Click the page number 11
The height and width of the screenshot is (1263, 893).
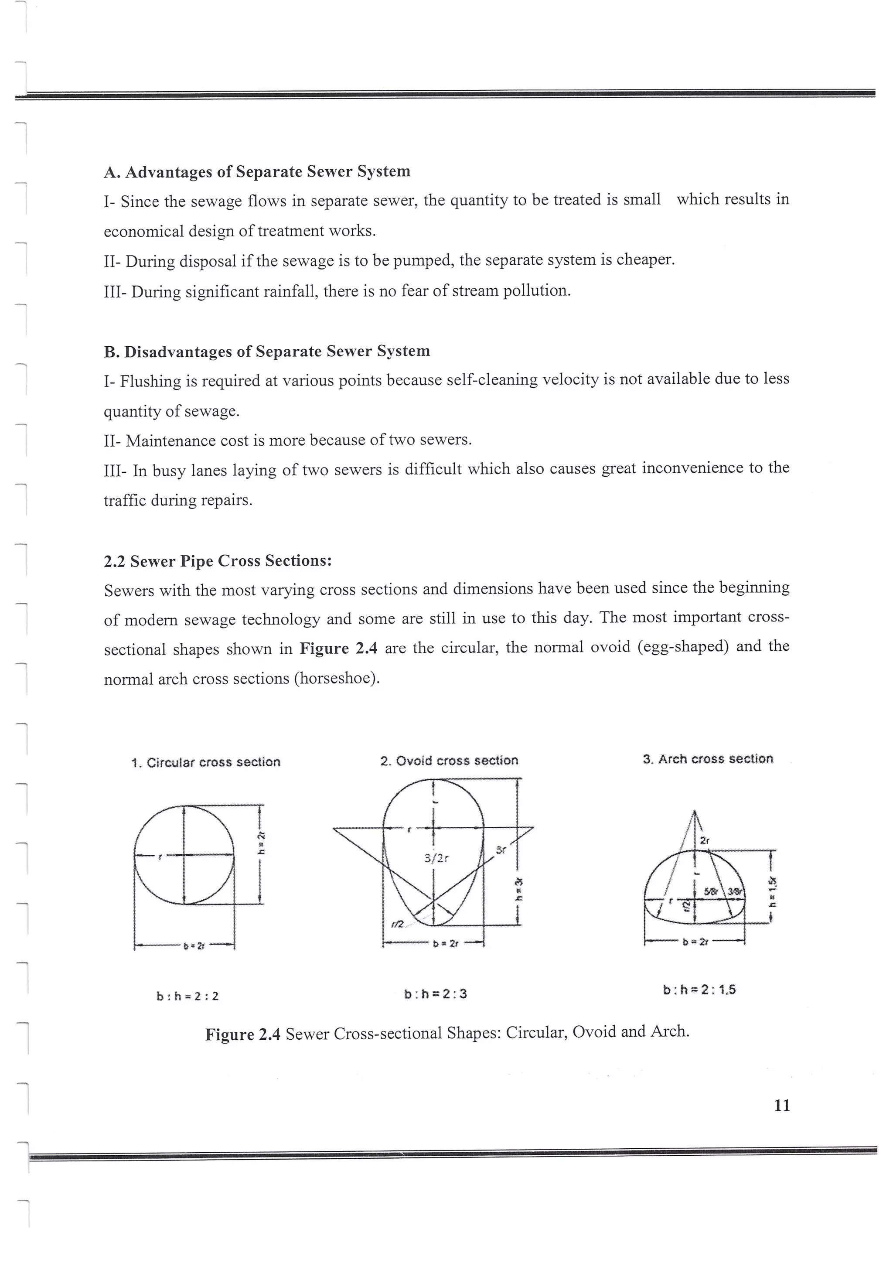click(x=781, y=1105)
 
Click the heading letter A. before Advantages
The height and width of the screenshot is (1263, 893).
click(x=112, y=172)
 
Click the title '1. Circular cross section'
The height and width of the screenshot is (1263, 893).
click(x=206, y=762)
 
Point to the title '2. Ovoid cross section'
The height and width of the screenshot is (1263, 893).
click(x=449, y=761)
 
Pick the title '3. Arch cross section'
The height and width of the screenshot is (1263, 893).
click(x=708, y=759)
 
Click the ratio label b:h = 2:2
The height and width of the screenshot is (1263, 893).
click(x=187, y=996)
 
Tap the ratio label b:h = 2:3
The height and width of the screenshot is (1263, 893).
click(x=436, y=994)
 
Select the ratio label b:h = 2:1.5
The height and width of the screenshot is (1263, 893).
click(x=699, y=990)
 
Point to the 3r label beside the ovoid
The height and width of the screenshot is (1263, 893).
click(x=501, y=850)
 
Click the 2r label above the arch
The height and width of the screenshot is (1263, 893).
click(x=705, y=840)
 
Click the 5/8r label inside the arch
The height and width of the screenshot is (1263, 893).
click(x=712, y=891)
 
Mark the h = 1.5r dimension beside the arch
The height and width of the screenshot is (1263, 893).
click(x=773, y=892)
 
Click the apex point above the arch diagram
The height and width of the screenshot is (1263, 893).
click(x=695, y=811)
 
